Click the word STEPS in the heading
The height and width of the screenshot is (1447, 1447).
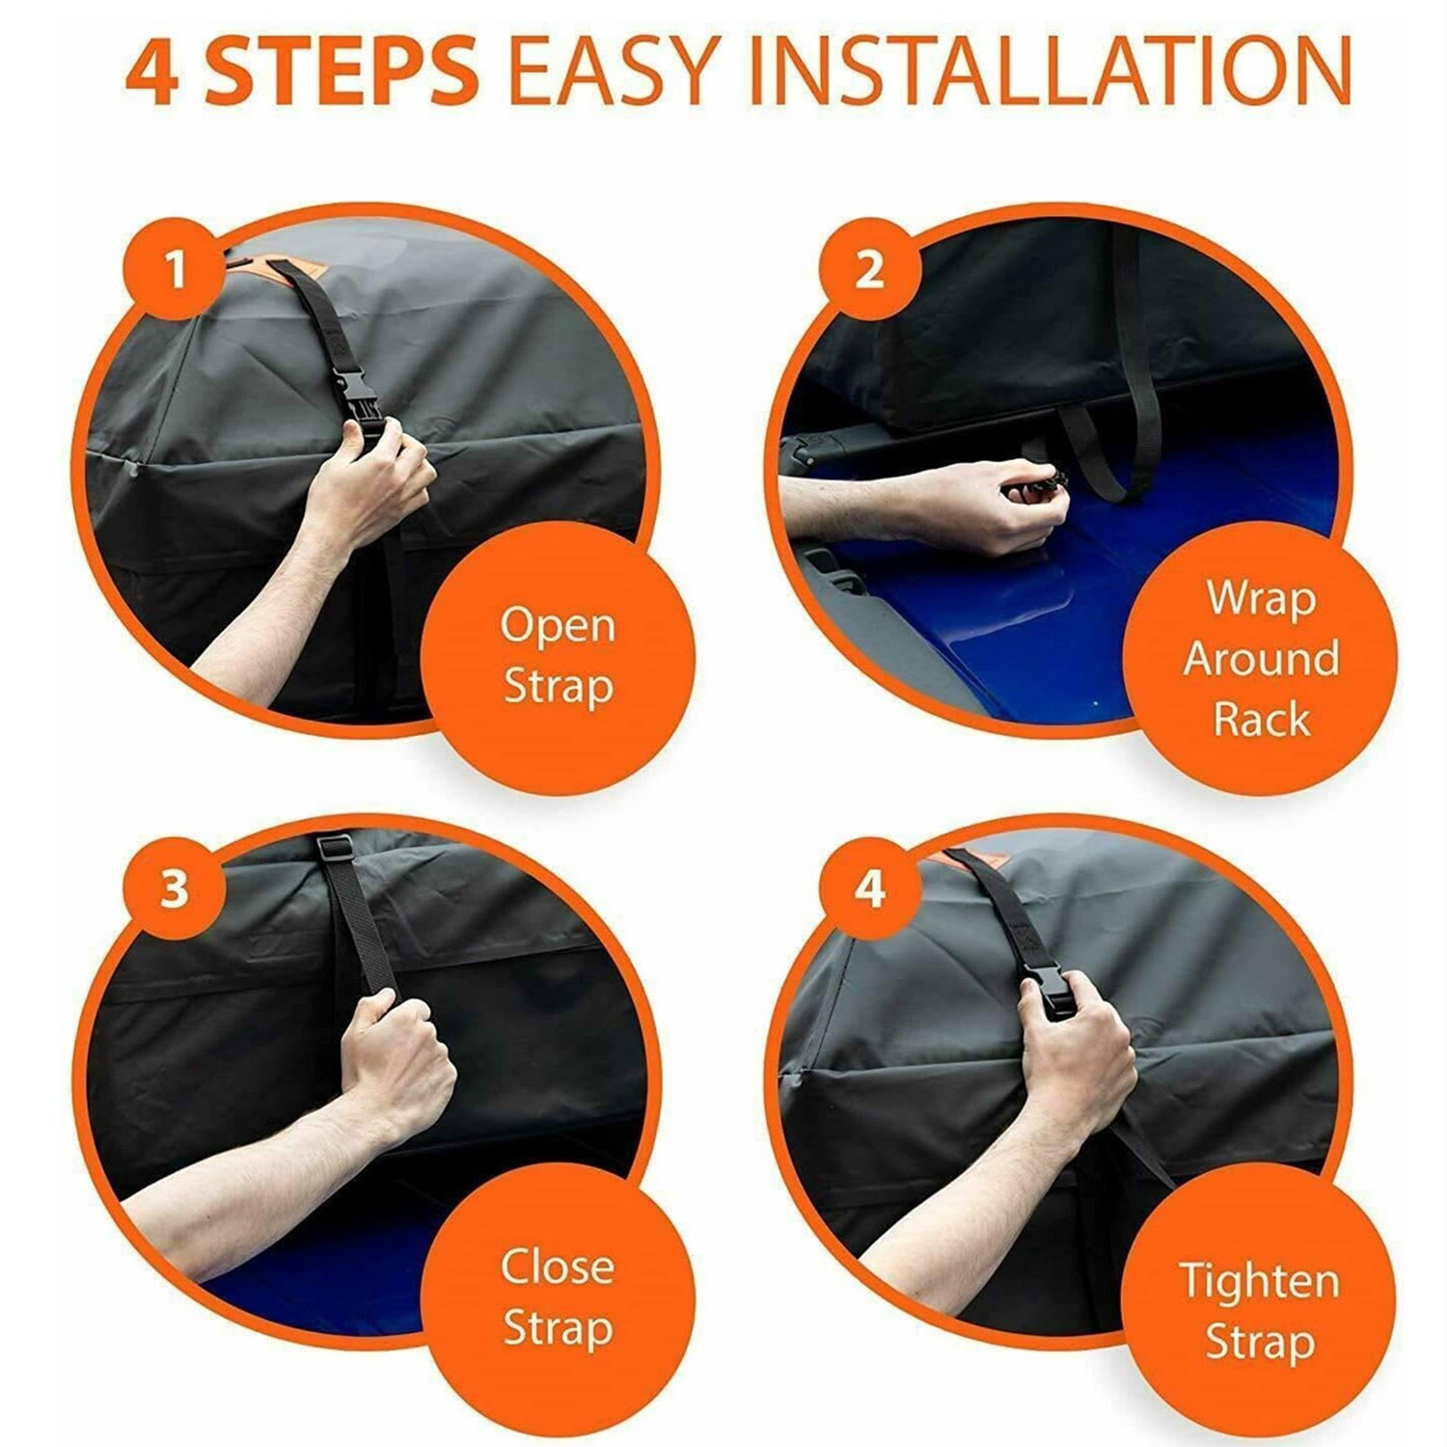point(342,71)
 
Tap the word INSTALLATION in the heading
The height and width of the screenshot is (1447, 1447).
point(1050,71)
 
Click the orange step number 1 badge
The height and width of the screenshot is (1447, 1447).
point(176,269)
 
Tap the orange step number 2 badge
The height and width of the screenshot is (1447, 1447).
point(869,269)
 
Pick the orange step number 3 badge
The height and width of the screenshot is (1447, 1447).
point(175,887)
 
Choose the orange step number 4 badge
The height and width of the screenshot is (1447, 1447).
point(869,887)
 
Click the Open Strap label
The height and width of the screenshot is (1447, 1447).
point(558,656)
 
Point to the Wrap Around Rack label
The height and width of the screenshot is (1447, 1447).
point(1261,659)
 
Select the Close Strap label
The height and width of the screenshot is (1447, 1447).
point(558,1297)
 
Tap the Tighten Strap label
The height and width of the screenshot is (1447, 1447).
point(1260,1312)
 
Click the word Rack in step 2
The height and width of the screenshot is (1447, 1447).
point(1262,719)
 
